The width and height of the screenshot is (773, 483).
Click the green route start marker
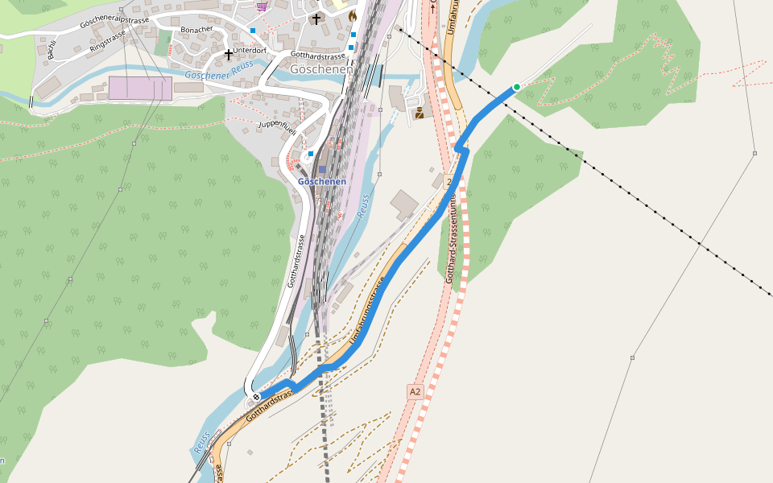(x=517, y=87)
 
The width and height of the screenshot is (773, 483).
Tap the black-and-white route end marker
(x=256, y=397)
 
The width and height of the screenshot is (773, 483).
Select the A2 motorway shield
(x=415, y=391)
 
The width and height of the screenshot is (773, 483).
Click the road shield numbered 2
(x=449, y=182)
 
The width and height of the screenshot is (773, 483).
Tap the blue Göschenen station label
(x=322, y=181)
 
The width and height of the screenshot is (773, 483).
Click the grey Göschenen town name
(x=321, y=70)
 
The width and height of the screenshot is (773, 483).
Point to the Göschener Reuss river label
(x=219, y=71)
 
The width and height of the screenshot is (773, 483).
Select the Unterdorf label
(x=250, y=50)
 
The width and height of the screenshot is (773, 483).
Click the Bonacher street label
(x=197, y=29)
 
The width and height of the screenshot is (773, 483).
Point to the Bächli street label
(x=50, y=48)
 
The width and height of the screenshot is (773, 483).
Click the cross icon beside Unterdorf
(x=229, y=55)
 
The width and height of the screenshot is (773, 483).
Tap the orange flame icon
(x=353, y=15)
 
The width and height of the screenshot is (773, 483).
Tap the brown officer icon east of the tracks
(x=419, y=114)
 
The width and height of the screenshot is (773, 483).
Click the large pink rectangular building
(x=140, y=89)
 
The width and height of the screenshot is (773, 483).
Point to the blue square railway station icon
(x=322, y=170)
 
